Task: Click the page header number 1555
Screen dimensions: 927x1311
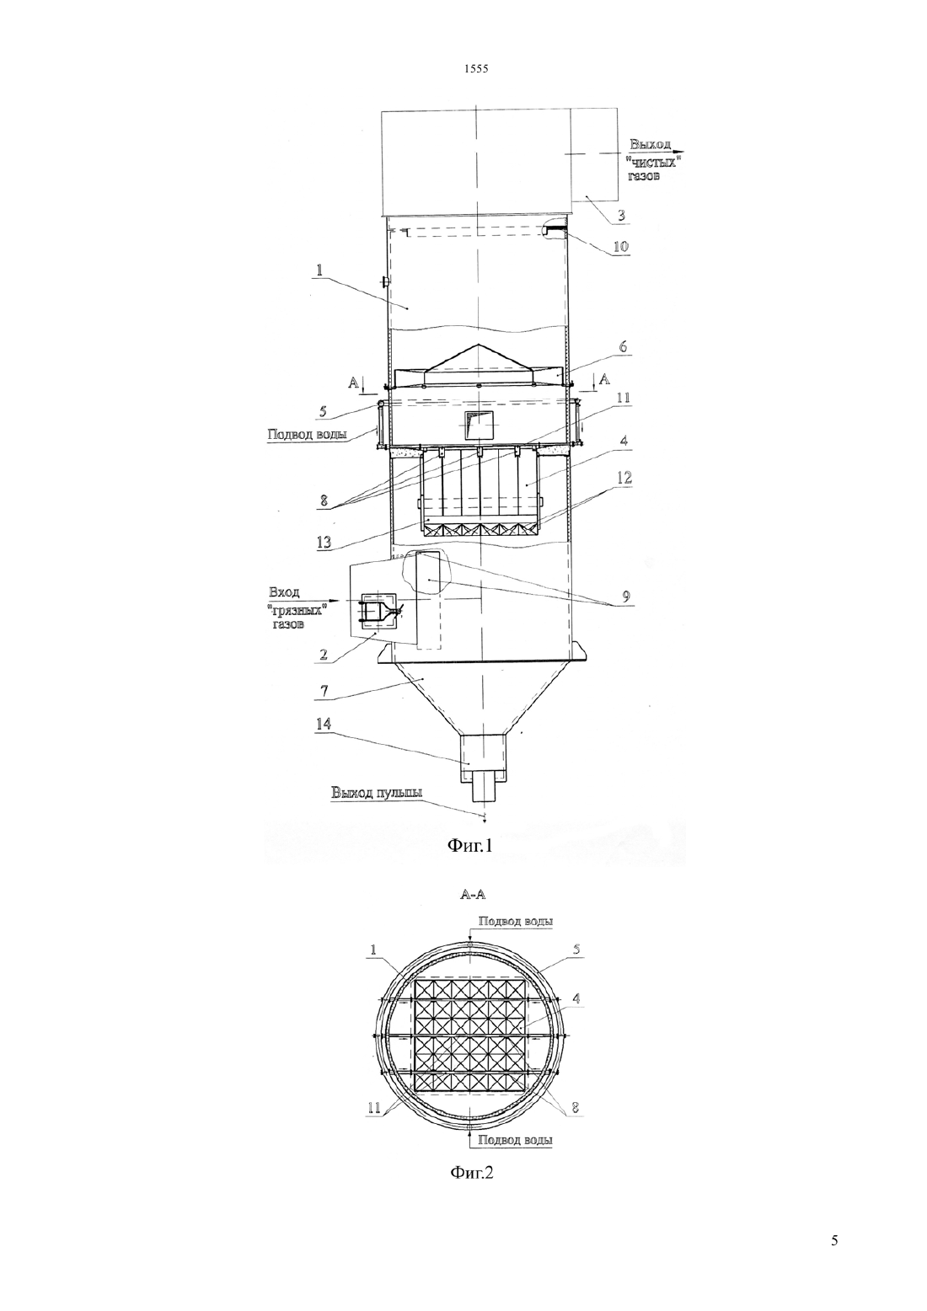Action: click(x=476, y=68)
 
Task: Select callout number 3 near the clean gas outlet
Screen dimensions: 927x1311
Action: click(x=621, y=215)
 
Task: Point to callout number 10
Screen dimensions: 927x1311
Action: click(x=620, y=246)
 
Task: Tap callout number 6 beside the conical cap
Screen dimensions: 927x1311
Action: click(x=623, y=346)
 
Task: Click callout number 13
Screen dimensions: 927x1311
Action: click(x=323, y=542)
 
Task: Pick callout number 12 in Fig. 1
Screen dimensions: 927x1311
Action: click(x=624, y=479)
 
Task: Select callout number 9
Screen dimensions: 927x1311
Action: click(x=625, y=597)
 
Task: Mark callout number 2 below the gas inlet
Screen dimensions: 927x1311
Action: click(x=323, y=655)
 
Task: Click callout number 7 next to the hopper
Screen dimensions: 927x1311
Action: click(x=323, y=691)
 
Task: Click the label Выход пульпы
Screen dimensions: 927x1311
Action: click(x=377, y=794)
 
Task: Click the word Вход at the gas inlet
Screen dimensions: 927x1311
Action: click(x=283, y=591)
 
